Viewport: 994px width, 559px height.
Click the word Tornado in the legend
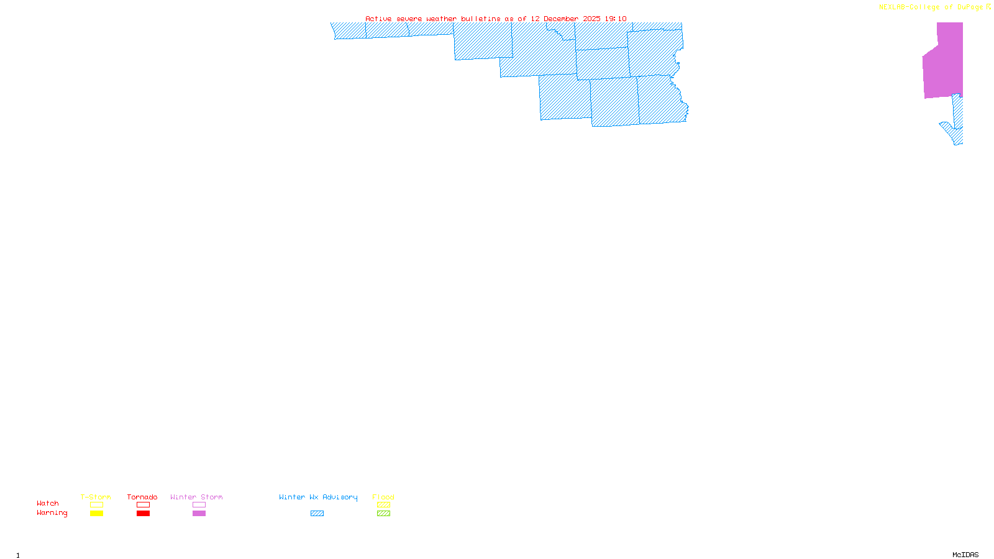click(x=142, y=497)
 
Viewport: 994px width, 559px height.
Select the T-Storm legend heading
click(x=96, y=497)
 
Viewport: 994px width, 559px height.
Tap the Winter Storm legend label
click(x=196, y=497)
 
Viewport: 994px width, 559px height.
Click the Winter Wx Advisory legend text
click(x=318, y=497)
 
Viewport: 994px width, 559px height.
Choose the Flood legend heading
click(x=383, y=497)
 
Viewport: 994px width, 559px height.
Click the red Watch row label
click(x=48, y=503)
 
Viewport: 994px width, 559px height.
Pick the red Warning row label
click(x=52, y=513)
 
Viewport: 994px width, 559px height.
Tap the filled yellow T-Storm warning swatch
click(x=96, y=514)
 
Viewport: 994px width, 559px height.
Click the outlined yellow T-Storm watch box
click(x=96, y=505)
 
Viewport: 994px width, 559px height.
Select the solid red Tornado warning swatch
click(x=143, y=514)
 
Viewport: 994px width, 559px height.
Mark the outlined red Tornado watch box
click(x=143, y=505)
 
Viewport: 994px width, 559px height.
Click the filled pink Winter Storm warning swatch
click(x=199, y=514)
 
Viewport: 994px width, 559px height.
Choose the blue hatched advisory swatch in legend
click(x=317, y=514)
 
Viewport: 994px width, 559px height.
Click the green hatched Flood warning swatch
click(x=383, y=514)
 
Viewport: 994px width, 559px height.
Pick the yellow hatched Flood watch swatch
click(x=383, y=505)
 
